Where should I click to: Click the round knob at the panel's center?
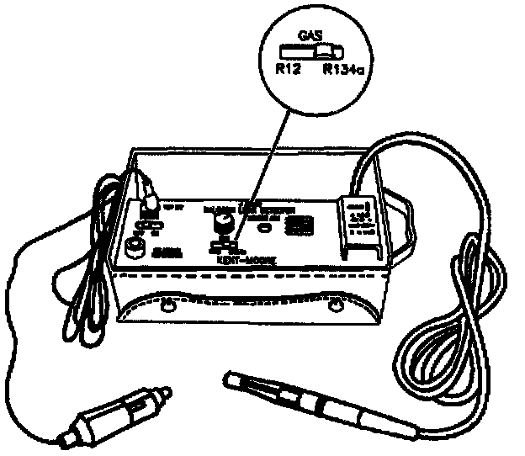[223, 222]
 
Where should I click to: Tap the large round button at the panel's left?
[135, 250]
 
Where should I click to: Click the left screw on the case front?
[166, 302]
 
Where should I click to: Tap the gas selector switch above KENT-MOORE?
[223, 247]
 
